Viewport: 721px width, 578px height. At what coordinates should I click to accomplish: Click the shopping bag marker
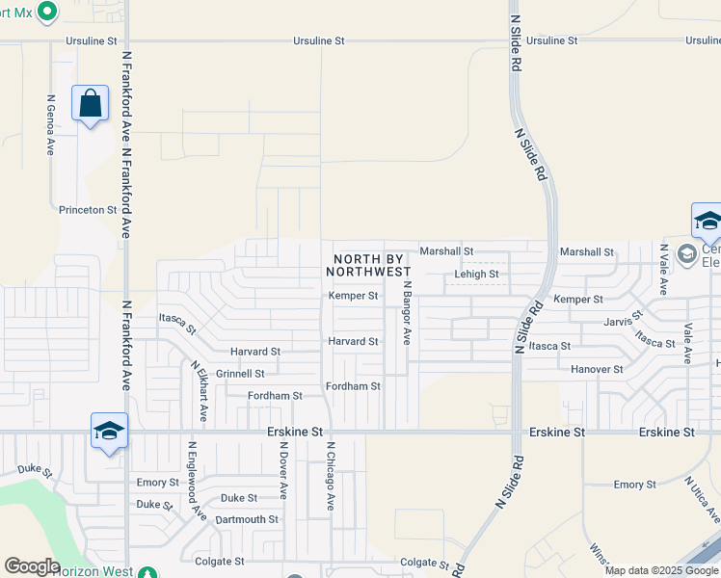90,103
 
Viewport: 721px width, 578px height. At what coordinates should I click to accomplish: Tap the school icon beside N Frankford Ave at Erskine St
109,431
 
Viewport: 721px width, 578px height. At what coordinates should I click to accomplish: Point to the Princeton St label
88,209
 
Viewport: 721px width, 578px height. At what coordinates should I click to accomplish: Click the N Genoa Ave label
51,125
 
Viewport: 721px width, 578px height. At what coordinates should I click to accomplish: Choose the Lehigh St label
476,275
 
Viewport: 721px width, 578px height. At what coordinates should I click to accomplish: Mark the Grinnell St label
240,374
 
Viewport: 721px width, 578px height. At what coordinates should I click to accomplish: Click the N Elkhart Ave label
199,391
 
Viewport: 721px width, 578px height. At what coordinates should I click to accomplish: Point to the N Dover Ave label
282,470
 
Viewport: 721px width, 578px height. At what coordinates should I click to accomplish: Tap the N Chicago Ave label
330,476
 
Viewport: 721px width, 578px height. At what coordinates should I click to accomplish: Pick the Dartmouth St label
247,519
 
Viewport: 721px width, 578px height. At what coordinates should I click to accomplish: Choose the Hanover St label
597,369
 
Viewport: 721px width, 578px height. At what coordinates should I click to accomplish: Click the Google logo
32,566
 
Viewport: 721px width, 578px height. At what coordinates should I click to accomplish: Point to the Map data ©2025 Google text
662,570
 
